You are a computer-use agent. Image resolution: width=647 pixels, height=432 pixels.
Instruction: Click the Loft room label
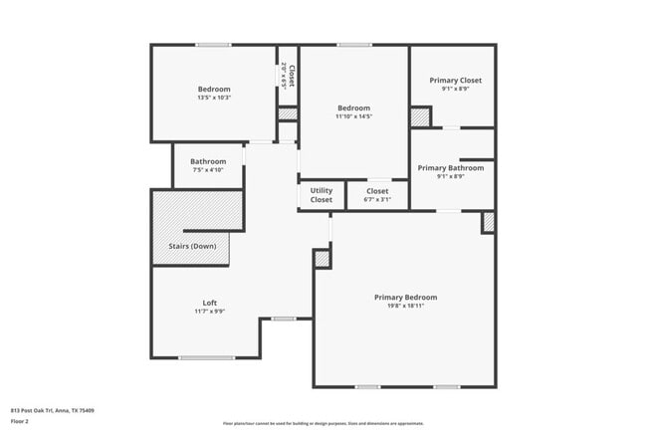click(x=209, y=303)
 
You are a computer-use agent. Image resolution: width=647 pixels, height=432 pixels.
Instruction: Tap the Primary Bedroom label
click(x=405, y=297)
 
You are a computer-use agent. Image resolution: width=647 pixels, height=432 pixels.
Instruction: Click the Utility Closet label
click(x=322, y=195)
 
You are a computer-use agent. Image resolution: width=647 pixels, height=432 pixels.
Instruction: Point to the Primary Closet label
click(x=455, y=80)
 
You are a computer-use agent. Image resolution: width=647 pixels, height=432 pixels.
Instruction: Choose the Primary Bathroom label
click(x=450, y=168)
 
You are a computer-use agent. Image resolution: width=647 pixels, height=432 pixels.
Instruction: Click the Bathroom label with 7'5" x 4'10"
click(x=208, y=161)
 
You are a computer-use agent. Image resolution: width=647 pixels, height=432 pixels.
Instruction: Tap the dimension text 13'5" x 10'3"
click(x=214, y=98)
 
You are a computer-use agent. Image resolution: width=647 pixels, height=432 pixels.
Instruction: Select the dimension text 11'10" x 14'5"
click(x=353, y=116)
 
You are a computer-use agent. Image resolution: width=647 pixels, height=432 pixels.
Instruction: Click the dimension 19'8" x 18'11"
click(x=405, y=307)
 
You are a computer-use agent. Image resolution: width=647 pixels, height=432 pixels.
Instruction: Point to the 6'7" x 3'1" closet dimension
click(x=377, y=199)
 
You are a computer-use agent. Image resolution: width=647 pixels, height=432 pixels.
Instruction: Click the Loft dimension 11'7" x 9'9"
click(x=209, y=312)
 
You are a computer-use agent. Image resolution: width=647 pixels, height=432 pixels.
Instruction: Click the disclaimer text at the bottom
click(x=323, y=423)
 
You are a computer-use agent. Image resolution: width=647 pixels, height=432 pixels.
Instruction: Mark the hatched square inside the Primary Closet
click(x=420, y=116)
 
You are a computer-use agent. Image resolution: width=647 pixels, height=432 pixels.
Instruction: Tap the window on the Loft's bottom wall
click(x=207, y=357)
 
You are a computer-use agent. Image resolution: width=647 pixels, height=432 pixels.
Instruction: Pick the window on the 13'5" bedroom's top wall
click(x=213, y=45)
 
